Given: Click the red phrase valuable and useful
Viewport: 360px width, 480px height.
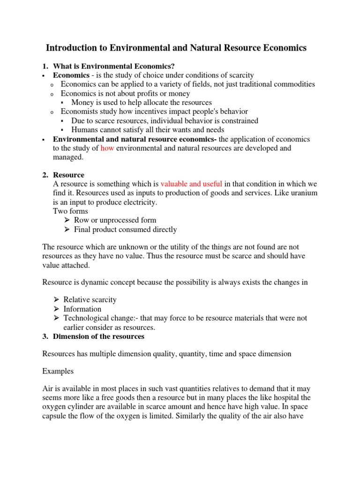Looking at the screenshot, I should tap(191, 184).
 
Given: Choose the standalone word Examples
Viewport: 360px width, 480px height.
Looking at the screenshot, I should tap(58, 371).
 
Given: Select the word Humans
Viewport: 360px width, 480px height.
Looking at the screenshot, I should tap(85, 130).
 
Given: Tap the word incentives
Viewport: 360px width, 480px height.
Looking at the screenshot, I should tap(157, 112).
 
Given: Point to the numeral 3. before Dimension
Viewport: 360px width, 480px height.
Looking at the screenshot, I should tap(45, 336).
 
